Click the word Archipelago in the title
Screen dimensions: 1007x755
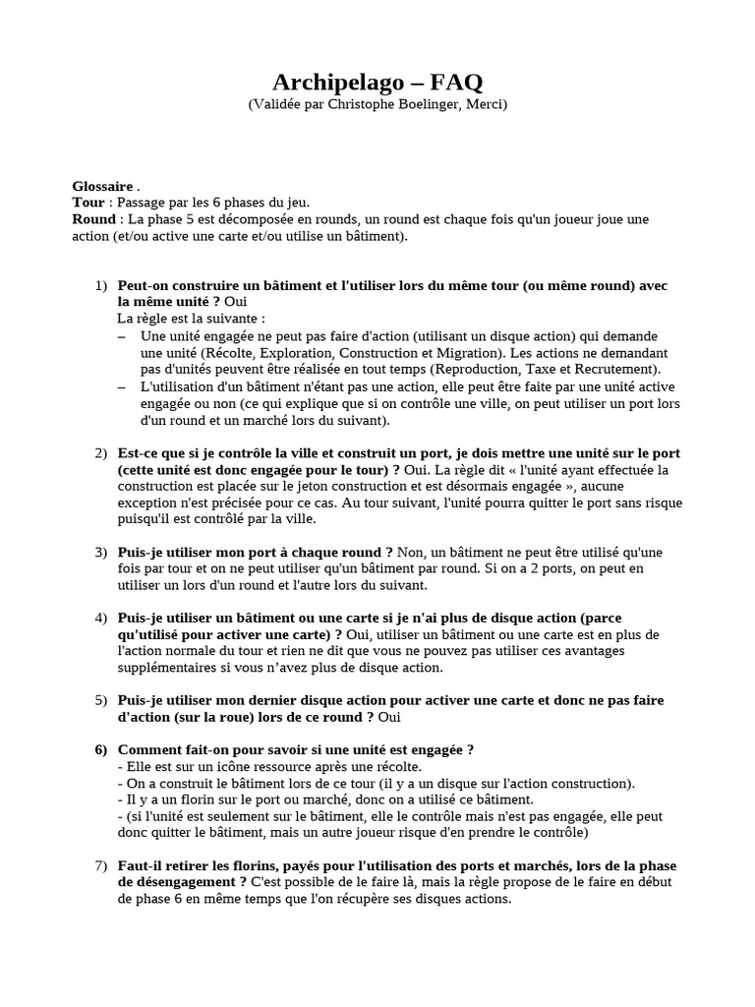pyautogui.click(x=332, y=83)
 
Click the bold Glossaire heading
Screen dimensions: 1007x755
pyautogui.click(x=102, y=186)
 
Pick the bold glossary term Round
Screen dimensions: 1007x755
pyautogui.click(x=93, y=219)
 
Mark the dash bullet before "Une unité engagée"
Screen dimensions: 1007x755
pyautogui.click(x=122, y=336)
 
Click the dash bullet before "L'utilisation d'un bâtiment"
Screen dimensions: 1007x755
pyautogui.click(x=122, y=386)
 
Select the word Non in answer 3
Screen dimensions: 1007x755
pyautogui.click(x=412, y=552)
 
